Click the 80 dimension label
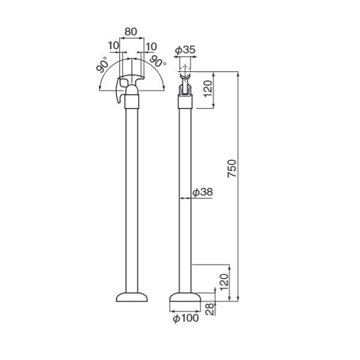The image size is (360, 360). pos(131,32)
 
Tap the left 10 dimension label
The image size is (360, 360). pos(113,46)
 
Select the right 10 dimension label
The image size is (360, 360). pos(151,47)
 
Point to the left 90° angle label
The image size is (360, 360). pos(102,64)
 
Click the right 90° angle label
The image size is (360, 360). pos(158,62)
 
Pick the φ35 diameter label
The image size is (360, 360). pos(185,50)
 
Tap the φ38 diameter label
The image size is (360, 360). pos(203,192)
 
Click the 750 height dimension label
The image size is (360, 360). pos(232,168)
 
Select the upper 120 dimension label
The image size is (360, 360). pos(208,88)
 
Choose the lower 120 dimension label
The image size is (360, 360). pos(224,283)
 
